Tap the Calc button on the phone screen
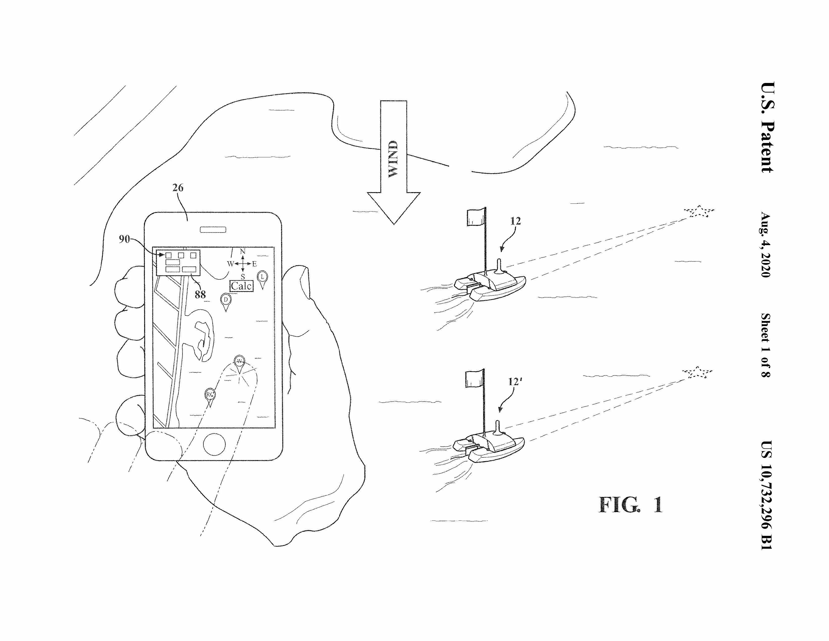(x=241, y=286)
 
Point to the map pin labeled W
(x=239, y=361)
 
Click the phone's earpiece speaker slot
(x=213, y=230)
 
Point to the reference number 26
(x=178, y=188)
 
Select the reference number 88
(x=200, y=294)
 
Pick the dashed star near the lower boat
(x=697, y=372)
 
